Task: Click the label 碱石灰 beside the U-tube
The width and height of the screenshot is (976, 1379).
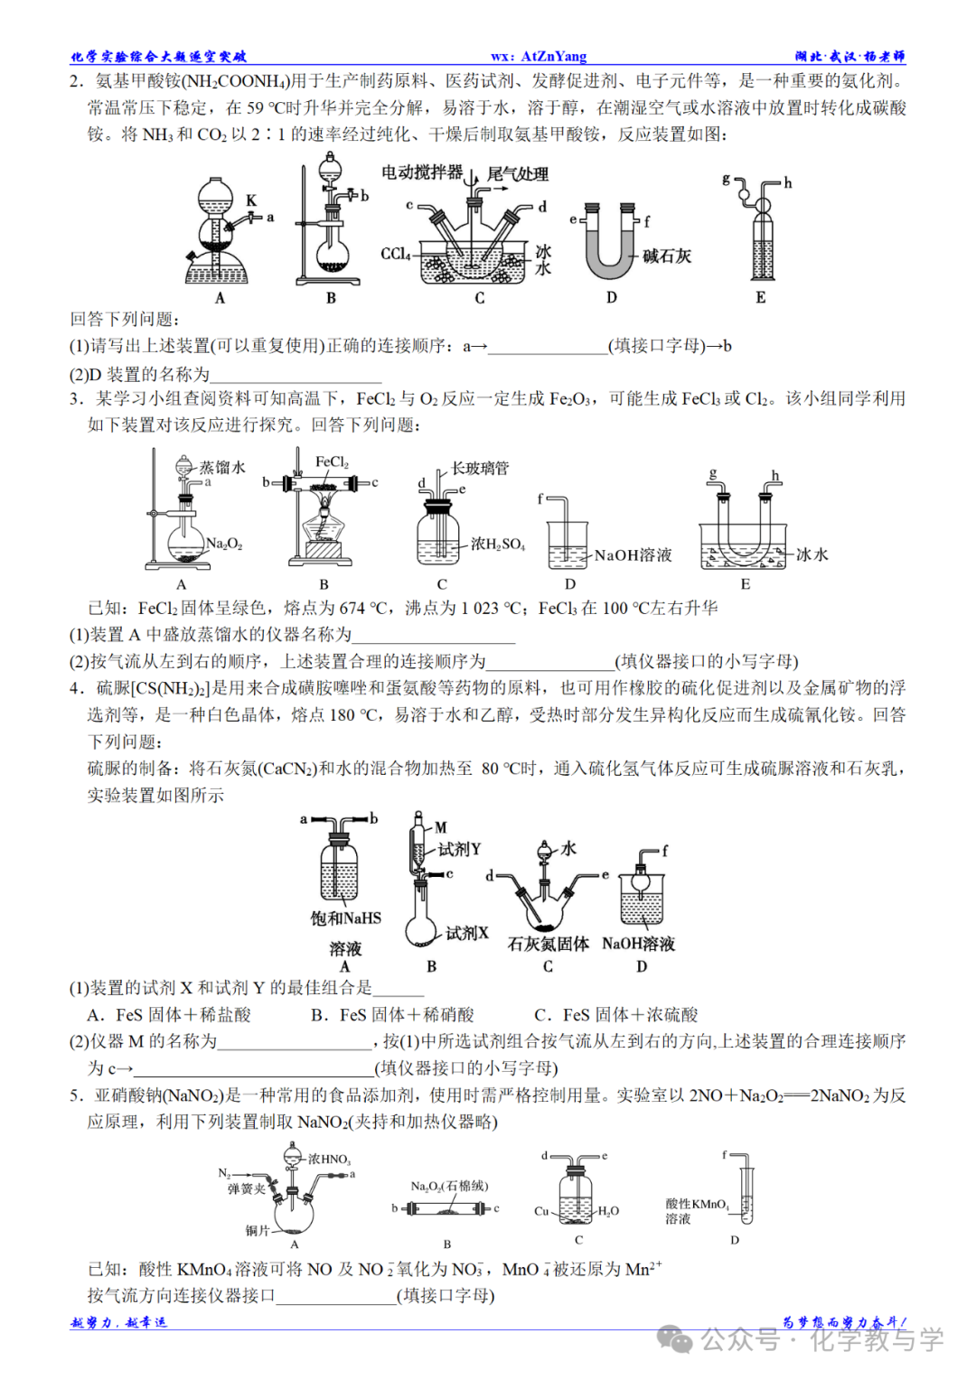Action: pos(667,256)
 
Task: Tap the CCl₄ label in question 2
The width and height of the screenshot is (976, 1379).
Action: pos(395,254)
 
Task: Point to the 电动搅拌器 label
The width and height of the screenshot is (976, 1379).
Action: pos(421,172)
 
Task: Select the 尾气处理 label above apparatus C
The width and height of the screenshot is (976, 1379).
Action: pos(518,173)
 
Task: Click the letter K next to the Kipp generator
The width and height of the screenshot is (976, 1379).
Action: pos(251,200)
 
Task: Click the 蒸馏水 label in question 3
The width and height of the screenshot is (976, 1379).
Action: pos(222,467)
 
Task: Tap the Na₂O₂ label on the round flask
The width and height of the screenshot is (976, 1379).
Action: pos(224,544)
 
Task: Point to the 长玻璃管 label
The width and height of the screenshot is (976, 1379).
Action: pos(480,468)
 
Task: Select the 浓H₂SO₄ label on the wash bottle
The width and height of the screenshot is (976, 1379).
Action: pos(497,544)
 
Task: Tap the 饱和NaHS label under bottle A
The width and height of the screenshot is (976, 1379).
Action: pos(345,918)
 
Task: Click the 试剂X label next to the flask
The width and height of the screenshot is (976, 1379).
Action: pos(466,933)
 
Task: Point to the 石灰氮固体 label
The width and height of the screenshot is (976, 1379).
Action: pos(548,944)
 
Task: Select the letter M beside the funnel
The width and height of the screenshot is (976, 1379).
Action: pos(441,826)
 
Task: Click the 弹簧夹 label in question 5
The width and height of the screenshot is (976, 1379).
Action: pos(246,1188)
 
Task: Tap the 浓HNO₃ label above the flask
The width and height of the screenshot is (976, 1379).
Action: pos(329,1159)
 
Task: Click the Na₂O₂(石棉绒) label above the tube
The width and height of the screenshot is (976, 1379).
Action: pos(449,1186)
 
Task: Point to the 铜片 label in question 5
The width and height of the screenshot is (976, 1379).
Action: pos(258,1230)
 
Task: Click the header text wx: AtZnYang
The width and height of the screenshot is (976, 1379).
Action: pos(539,56)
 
